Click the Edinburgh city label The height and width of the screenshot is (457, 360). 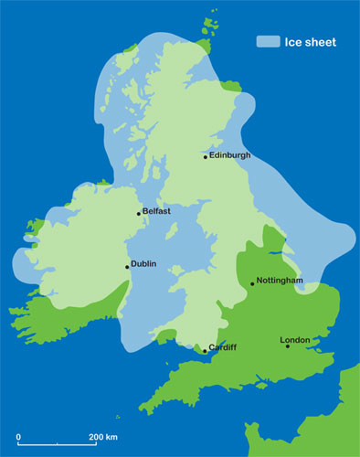pyautogui.click(x=229, y=155)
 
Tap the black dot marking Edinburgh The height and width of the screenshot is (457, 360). pyautogui.click(x=206, y=156)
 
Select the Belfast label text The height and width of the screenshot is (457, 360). pyautogui.click(x=157, y=211)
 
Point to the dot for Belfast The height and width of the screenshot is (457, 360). pyautogui.click(x=139, y=214)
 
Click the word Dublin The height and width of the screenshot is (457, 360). pyautogui.click(x=144, y=264)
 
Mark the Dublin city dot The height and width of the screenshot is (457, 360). pyautogui.click(x=127, y=267)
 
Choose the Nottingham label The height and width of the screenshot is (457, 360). pyautogui.click(x=280, y=281)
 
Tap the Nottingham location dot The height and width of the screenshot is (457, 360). pyautogui.click(x=252, y=283)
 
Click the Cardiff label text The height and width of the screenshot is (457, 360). pyautogui.click(x=223, y=347)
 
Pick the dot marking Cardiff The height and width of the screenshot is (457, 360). pyautogui.click(x=205, y=350)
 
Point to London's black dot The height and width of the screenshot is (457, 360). pyautogui.click(x=288, y=345)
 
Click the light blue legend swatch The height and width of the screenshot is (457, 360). pyautogui.click(x=267, y=41)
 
